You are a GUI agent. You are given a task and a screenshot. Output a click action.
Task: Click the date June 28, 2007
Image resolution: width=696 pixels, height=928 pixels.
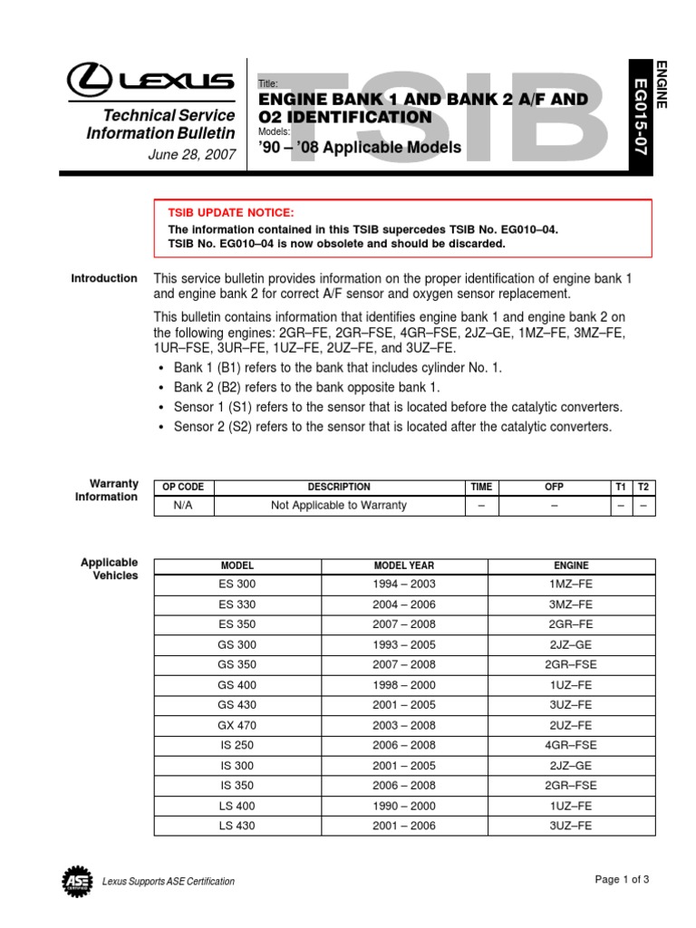[191, 154]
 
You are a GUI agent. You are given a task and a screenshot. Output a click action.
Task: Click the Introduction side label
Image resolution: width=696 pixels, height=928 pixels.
[104, 278]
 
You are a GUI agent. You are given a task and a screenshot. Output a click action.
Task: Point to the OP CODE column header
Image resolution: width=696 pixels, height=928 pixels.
[183, 487]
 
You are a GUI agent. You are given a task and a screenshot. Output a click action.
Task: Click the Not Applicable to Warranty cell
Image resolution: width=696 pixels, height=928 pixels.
[339, 506]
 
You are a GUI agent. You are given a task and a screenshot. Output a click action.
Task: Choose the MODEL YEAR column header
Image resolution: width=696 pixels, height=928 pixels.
[404, 565]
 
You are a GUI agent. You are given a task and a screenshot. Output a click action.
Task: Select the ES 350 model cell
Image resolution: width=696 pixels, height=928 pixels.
[237, 624]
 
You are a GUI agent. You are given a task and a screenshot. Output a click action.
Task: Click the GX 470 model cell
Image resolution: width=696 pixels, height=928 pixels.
[237, 725]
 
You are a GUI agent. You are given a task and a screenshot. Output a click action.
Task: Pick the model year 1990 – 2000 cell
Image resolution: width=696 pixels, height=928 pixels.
[404, 806]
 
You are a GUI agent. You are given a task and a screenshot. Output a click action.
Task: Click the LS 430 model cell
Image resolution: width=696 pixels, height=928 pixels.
[237, 826]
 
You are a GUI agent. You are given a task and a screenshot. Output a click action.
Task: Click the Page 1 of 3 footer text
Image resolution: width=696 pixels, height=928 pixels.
[623, 879]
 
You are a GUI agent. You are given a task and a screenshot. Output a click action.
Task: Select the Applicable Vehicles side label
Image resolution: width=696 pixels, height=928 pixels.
[110, 569]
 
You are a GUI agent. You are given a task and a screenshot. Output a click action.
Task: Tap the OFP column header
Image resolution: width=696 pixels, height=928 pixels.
[554, 487]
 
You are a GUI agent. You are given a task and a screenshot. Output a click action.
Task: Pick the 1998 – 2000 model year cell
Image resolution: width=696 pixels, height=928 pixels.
[404, 685]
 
